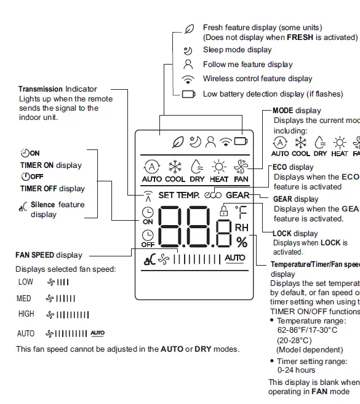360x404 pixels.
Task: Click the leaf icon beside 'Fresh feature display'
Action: tap(189, 29)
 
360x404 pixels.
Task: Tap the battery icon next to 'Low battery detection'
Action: tap(189, 94)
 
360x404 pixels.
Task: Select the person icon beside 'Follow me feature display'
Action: tap(189, 64)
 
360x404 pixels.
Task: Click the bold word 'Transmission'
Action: tap(41, 90)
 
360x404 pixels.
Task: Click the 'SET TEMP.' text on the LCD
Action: tap(178, 196)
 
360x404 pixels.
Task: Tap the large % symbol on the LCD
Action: tap(242, 242)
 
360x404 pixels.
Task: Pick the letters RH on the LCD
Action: tap(242, 228)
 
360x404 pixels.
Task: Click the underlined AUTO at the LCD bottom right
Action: tap(234, 258)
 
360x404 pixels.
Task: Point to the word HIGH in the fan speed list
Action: tap(26, 314)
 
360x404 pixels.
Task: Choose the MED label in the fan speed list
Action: tap(24, 299)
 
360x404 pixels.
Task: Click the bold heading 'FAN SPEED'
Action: tap(35, 255)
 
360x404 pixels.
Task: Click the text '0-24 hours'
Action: tap(296, 370)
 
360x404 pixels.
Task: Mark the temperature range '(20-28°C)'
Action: tap(295, 340)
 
